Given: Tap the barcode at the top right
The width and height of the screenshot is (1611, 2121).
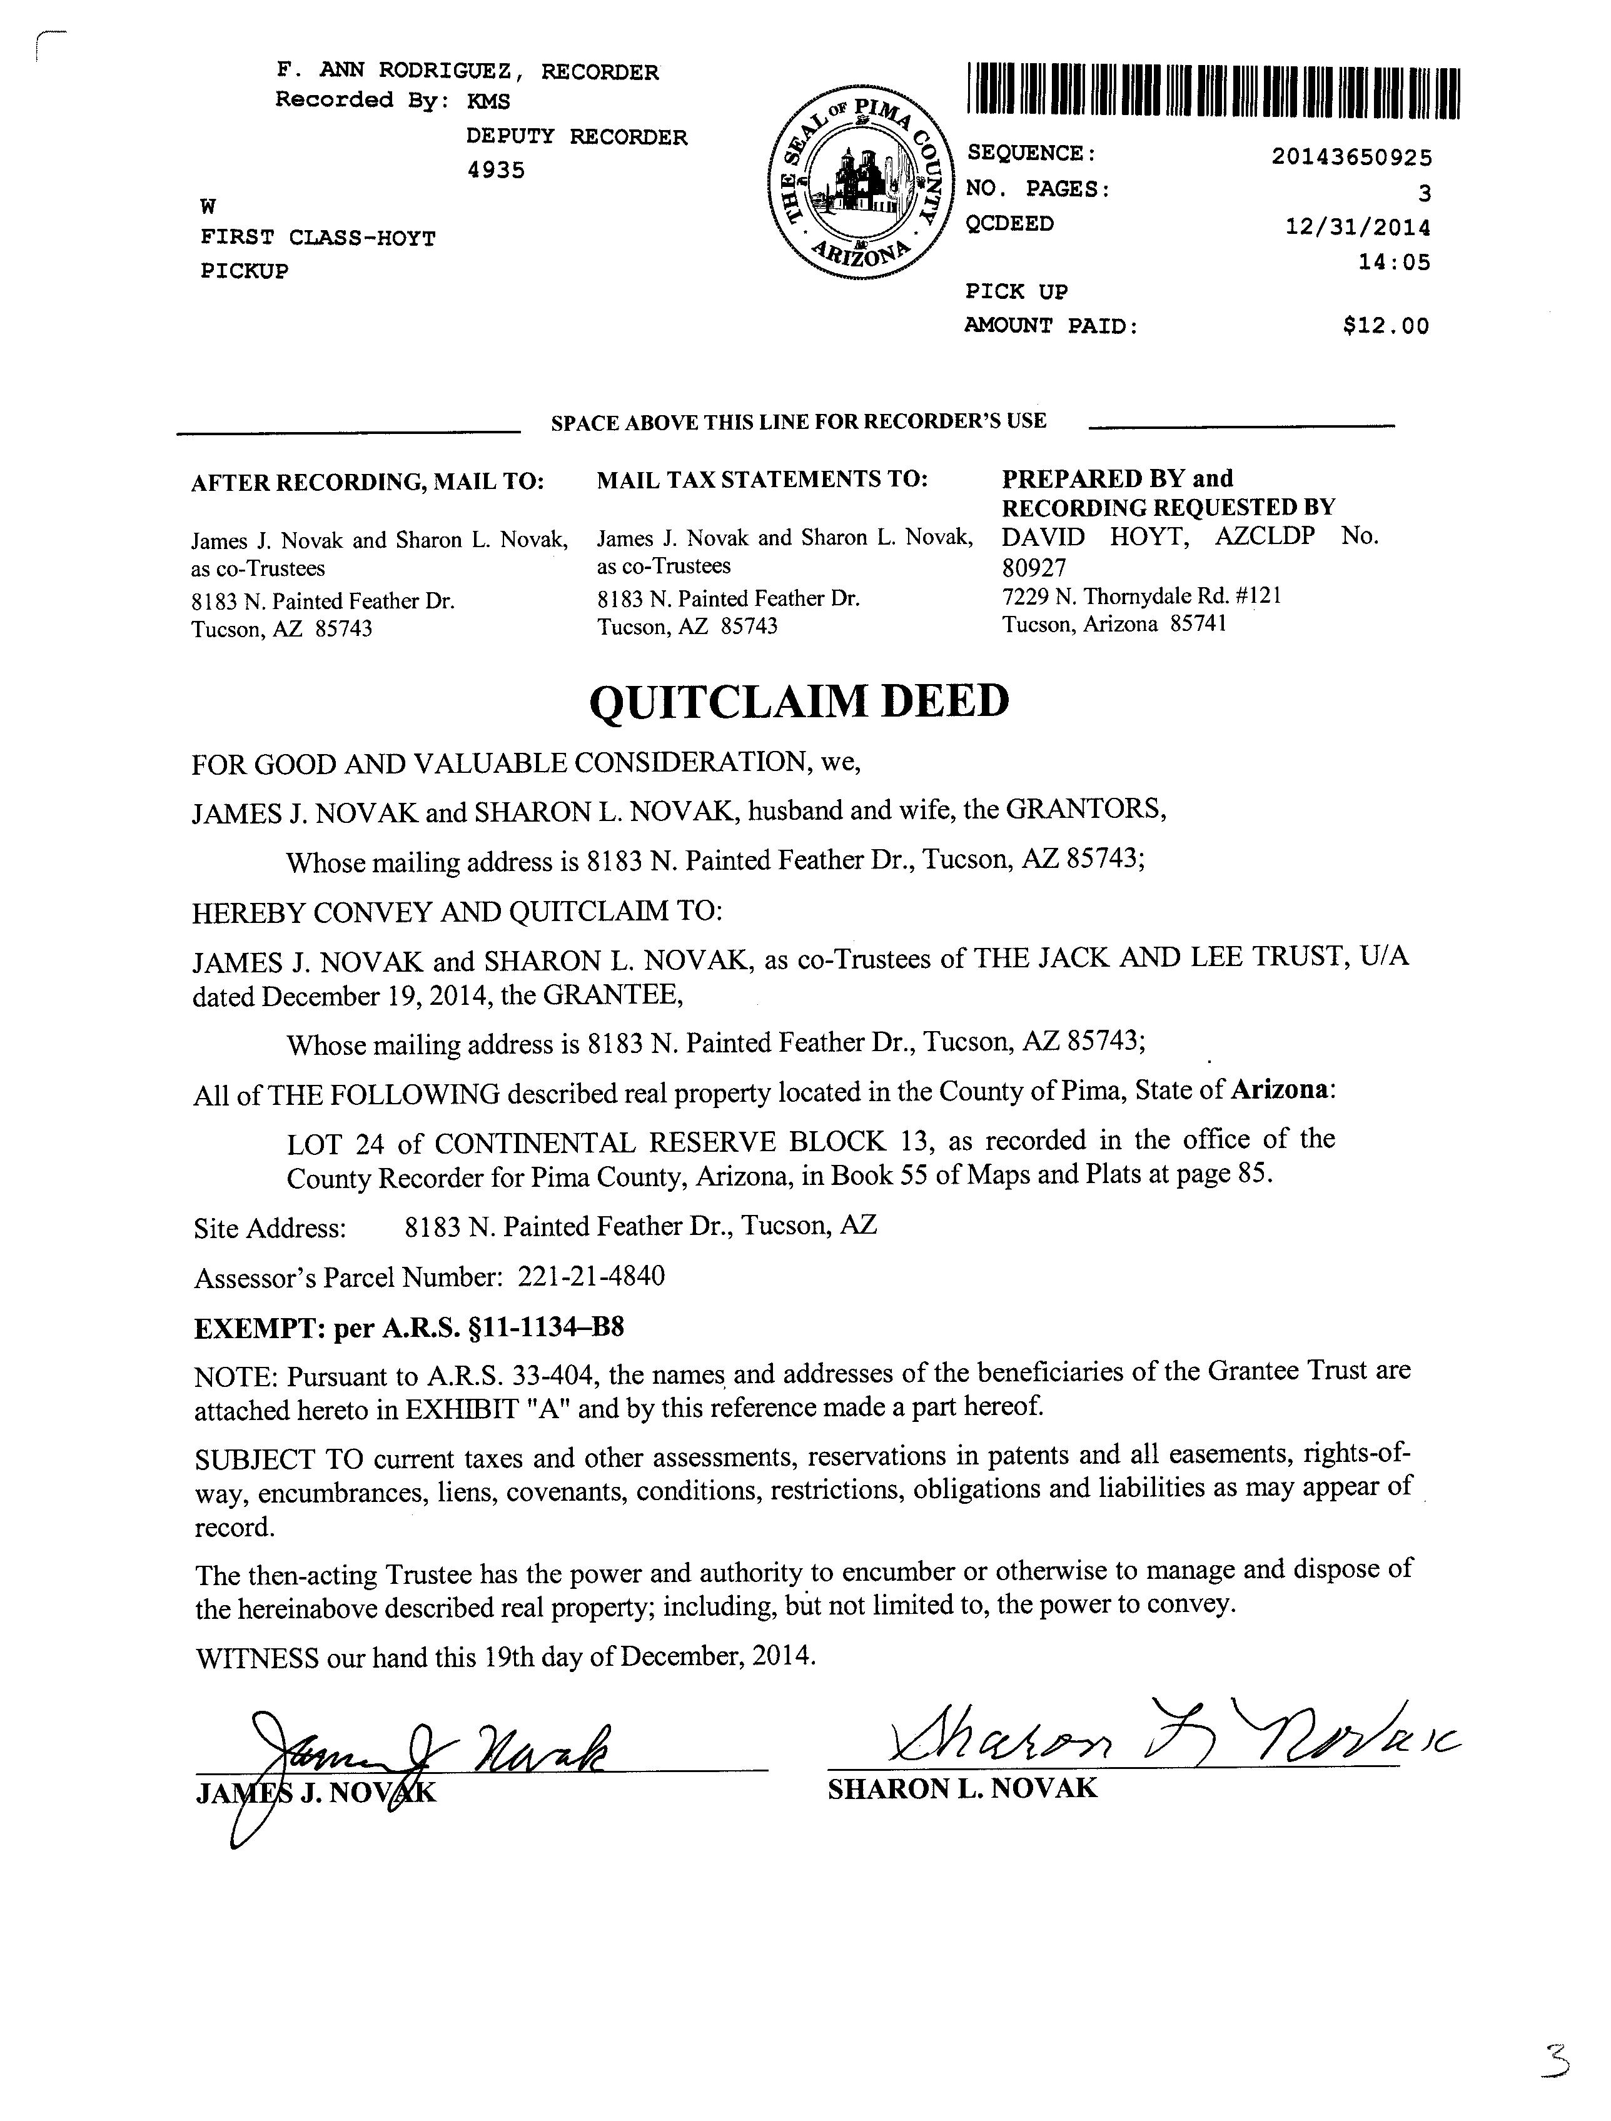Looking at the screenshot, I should pos(1213,92).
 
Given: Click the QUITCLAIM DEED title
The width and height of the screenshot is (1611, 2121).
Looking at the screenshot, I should pos(799,701).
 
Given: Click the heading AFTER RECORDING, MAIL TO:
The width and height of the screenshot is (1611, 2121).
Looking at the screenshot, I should pos(367,482).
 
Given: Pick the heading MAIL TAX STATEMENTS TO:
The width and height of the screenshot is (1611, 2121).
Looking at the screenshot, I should pos(762,480).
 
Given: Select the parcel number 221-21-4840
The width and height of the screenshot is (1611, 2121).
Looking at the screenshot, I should pos(591,1276).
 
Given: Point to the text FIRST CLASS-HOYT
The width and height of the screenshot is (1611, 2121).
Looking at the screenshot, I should pos(318,238).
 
